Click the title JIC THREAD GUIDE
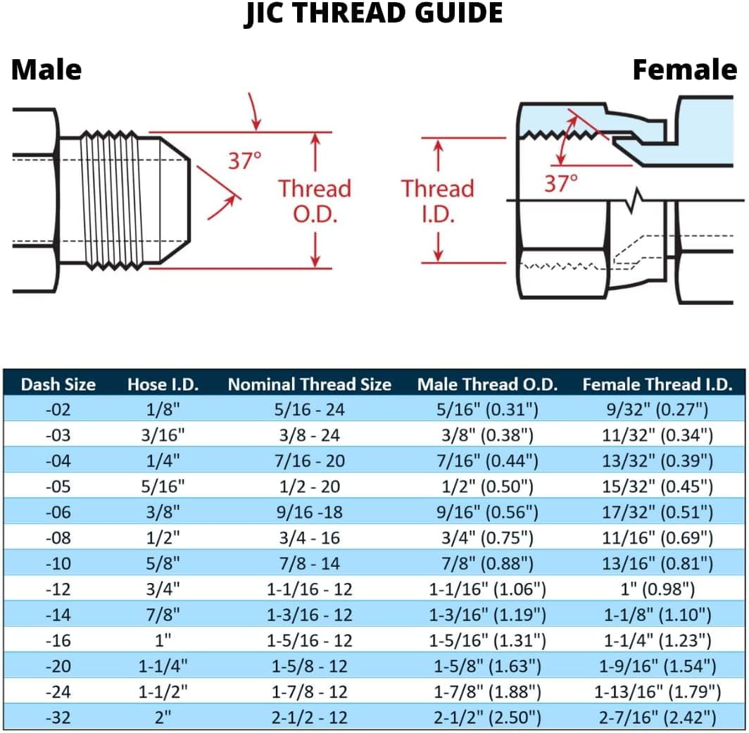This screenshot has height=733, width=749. pos(374,14)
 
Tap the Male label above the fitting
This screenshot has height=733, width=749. pos(46,70)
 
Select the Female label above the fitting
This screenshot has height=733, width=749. pos(684,70)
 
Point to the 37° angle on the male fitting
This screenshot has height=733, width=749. pos(244,161)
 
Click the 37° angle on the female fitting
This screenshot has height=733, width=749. pos(561,184)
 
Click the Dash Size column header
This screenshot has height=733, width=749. pos(58,384)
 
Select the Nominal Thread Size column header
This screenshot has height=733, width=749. pos(309,384)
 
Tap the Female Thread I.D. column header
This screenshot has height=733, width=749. pos(657,384)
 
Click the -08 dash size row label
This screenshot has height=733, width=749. pos(58,538)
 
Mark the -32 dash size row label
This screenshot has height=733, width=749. pos(58,718)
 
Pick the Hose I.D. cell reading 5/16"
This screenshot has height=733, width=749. pos(163,487)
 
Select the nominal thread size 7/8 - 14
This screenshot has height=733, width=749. pos(309,563)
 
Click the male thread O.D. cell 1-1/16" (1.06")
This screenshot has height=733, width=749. pos(487,589)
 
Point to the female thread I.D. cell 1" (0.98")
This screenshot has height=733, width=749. pos(657,589)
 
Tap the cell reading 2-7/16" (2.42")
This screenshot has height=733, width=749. pos(657,718)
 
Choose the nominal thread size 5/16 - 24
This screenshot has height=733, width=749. pos(309,409)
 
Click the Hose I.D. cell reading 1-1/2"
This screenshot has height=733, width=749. pos(163,691)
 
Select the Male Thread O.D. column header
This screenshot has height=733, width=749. pos(487,384)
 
